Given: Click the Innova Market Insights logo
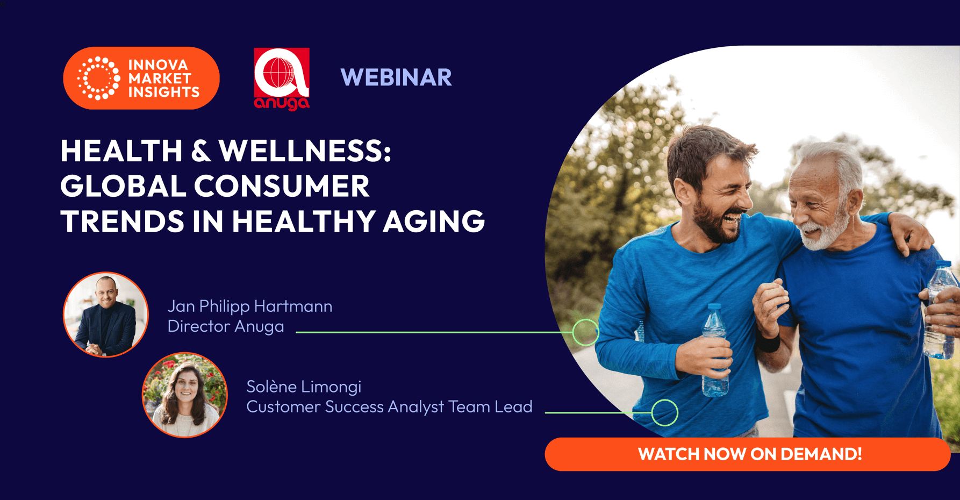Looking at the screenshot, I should pyautogui.click(x=141, y=78).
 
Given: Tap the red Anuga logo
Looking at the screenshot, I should pyautogui.click(x=281, y=78).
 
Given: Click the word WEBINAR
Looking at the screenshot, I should pyautogui.click(x=396, y=77).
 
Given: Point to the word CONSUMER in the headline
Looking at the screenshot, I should pyautogui.click(x=282, y=187).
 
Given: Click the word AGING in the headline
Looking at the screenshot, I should pyautogui.click(x=434, y=222).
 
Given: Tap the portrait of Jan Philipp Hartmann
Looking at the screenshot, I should pyautogui.click(x=106, y=315).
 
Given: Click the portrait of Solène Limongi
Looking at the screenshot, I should pyautogui.click(x=185, y=395).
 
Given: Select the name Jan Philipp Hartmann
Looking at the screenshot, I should pyautogui.click(x=250, y=306).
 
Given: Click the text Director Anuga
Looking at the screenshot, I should pyautogui.click(x=226, y=326).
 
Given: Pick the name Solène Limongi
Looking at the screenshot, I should pyautogui.click(x=304, y=387).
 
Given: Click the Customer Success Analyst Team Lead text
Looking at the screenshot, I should pyautogui.click(x=389, y=407).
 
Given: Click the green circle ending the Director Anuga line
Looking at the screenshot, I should pyautogui.click(x=585, y=332).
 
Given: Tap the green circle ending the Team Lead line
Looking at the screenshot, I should pyautogui.click(x=664, y=413).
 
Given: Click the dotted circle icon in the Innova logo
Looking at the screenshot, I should pyautogui.click(x=98, y=78).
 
